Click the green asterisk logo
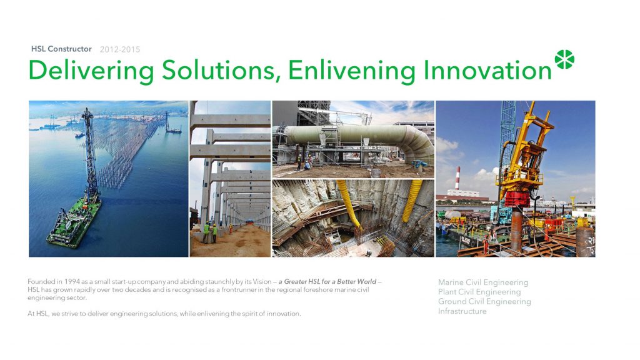click(564, 59)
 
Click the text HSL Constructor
click(61, 49)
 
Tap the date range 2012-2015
click(120, 49)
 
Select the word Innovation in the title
click(487, 70)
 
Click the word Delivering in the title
click(91, 71)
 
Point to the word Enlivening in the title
click(351, 71)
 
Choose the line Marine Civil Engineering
click(483, 282)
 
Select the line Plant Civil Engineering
click(479, 292)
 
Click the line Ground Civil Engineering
click(484, 302)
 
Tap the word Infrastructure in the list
click(462, 311)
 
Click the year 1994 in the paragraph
click(72, 282)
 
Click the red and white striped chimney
click(457, 178)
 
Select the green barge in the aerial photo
click(74, 222)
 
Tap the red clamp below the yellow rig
click(517, 199)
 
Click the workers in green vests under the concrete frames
click(210, 232)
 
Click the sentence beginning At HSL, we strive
click(164, 314)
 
